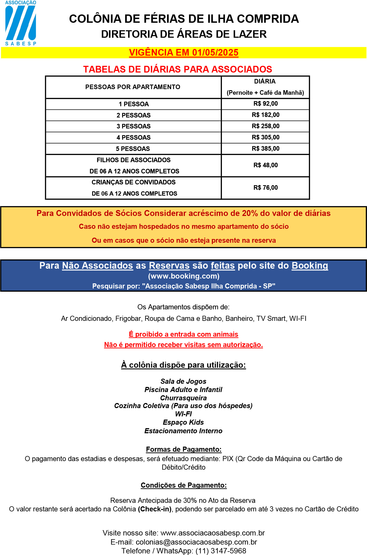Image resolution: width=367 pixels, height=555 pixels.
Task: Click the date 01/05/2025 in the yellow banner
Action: coord(215,53)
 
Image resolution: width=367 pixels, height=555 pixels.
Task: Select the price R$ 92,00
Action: coord(265,104)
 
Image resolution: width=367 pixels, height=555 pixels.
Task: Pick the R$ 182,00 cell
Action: coord(265,115)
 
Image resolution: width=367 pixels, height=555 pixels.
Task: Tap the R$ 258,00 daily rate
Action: coord(265,126)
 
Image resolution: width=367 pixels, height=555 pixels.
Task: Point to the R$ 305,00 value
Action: coord(265,138)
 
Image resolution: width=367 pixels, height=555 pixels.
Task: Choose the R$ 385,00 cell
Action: coord(265,149)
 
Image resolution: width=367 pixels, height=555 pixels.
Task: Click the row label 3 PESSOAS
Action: coord(133,126)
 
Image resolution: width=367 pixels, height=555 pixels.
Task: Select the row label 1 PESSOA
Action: coord(134,104)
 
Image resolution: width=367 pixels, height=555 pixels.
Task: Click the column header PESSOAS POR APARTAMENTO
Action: coord(133,87)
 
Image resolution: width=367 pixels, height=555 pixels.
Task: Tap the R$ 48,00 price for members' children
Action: coord(265,165)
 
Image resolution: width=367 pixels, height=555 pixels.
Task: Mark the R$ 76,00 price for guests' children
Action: coord(265,188)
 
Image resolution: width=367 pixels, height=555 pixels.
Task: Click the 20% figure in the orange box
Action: coord(250,213)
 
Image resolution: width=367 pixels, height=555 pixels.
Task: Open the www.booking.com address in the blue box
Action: coord(184,276)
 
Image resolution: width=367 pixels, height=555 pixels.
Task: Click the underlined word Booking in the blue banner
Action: coord(310,265)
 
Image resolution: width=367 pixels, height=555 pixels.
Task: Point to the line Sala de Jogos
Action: coord(183,381)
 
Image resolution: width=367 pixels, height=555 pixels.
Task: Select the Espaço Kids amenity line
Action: coord(183,422)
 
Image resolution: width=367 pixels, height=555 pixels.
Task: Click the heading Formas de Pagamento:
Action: coord(184,449)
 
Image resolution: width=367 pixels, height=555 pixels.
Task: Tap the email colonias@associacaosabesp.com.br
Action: coord(196,542)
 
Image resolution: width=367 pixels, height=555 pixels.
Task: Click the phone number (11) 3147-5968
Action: coord(221,551)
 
